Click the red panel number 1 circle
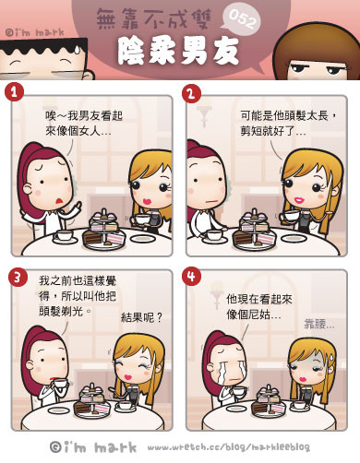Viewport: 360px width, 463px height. coord(14,92)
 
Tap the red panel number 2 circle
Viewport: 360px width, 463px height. coord(191,93)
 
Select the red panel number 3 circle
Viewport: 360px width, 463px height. coord(18,277)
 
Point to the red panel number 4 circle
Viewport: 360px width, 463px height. coord(191,276)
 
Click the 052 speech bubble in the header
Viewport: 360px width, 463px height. coord(242,19)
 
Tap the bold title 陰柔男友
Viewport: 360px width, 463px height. coord(178,52)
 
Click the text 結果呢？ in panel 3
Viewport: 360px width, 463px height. coord(141,317)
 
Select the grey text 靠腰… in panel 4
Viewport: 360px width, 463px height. coord(318,324)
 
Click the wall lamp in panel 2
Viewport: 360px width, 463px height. coord(203,115)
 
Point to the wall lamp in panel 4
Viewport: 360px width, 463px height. coord(216,294)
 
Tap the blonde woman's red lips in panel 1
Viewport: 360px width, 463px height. coord(147,201)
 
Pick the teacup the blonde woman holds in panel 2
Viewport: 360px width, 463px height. coord(291,215)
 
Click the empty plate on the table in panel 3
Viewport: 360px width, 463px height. coord(57,410)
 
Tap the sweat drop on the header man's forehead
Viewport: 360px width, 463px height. coord(77,49)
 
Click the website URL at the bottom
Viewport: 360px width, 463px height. coord(228,447)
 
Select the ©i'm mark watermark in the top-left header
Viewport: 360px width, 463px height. coord(35,32)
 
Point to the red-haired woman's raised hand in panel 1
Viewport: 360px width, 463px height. coord(77,206)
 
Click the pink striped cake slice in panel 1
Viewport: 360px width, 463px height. coord(115,238)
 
